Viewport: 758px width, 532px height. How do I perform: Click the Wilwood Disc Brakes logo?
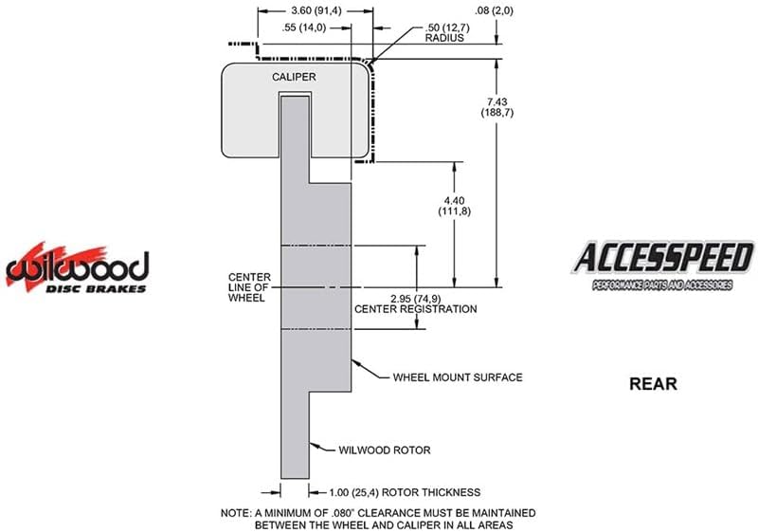coord(77,268)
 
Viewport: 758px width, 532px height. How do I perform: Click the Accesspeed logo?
coord(662,265)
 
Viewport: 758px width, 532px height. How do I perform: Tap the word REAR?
coord(653,384)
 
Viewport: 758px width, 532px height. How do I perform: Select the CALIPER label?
coord(294,77)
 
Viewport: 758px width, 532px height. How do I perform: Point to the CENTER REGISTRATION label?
coord(416,309)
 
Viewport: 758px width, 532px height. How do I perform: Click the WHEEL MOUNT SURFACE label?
coord(458,377)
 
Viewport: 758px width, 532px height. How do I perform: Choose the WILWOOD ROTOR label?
coord(385,450)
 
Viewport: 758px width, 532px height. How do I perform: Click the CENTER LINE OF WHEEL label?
coord(249,287)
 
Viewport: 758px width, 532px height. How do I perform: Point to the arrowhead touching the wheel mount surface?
coord(355,362)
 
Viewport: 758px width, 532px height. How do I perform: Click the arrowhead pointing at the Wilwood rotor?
coord(314,445)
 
